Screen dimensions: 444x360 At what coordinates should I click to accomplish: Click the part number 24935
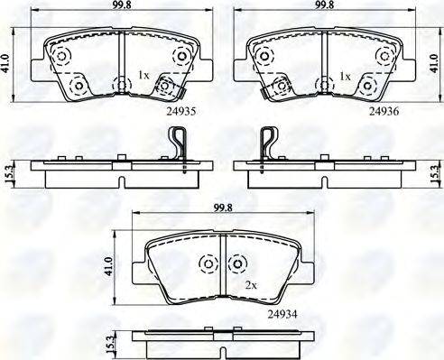point(180,112)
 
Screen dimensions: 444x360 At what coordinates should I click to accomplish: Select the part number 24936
point(384,112)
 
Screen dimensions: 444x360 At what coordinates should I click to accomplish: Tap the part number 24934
point(282,315)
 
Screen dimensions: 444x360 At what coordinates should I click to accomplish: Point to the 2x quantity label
point(251,285)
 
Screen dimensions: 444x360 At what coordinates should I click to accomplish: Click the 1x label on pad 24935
point(143,75)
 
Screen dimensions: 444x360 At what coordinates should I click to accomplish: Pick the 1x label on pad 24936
point(345,77)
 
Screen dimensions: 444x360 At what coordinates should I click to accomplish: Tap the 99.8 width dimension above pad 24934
point(223,208)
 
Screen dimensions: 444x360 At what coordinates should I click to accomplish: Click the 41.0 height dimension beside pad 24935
point(5,64)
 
